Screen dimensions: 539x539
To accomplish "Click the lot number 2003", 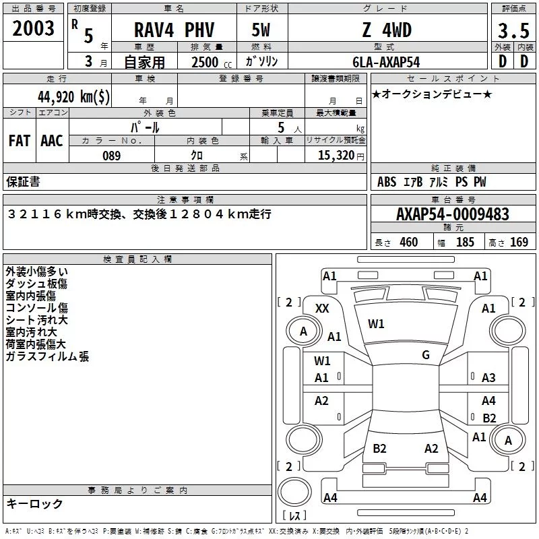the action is [33, 28].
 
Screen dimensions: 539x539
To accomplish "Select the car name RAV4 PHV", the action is [174, 30].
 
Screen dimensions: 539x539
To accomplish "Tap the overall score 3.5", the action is [513, 30].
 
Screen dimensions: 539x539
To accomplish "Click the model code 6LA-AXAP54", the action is [386, 62].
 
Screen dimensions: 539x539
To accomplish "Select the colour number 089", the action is [111, 156].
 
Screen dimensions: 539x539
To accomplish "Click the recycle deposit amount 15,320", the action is [336, 155].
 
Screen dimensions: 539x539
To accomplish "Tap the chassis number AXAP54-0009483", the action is [452, 214].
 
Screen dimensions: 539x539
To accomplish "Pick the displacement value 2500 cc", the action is [212, 62].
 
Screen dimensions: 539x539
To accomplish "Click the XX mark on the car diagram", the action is [322, 309].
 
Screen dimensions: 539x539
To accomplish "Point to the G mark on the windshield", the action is [426, 354].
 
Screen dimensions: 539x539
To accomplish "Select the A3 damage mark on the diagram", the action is [488, 378].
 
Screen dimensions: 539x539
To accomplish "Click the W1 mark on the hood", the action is [376, 324].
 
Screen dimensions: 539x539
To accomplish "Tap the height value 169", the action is [519, 242].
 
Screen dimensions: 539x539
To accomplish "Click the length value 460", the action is [409, 242].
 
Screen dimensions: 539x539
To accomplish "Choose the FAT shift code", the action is [20, 141].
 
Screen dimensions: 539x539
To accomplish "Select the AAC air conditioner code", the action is [52, 141].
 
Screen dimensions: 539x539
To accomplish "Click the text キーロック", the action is [34, 503].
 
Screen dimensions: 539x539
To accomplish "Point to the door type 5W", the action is [261, 30].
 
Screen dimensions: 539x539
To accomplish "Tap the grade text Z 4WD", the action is [387, 30].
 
